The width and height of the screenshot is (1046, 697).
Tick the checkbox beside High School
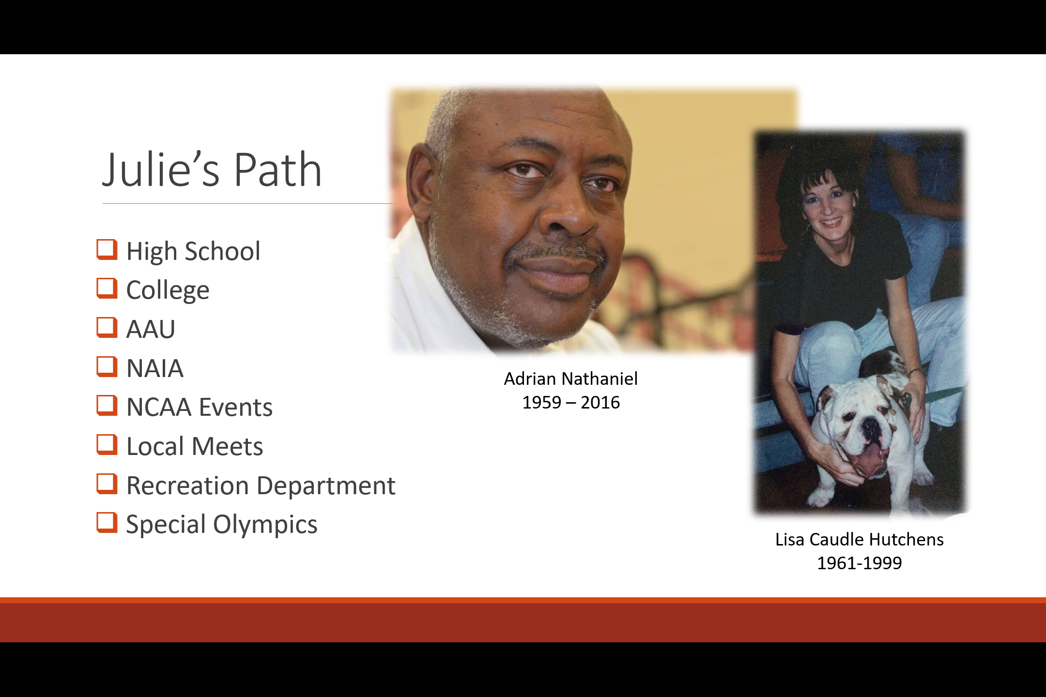(x=107, y=250)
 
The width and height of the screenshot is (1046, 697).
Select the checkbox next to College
(x=107, y=288)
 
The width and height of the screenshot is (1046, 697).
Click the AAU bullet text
(x=151, y=329)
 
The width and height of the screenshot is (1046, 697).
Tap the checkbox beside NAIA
(x=107, y=367)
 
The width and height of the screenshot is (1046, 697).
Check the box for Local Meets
(x=107, y=445)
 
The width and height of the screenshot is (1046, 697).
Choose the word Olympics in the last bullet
(x=265, y=525)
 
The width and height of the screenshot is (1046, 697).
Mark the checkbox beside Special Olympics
(x=107, y=523)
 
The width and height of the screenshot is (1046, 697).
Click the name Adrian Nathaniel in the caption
(x=571, y=379)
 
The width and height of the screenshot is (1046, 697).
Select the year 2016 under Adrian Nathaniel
(x=600, y=402)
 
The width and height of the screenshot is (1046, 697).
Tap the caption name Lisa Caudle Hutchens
(x=860, y=539)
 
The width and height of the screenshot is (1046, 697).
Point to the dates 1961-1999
(x=860, y=563)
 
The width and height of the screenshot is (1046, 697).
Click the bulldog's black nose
(x=870, y=427)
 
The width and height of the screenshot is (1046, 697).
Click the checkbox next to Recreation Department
(x=107, y=484)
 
